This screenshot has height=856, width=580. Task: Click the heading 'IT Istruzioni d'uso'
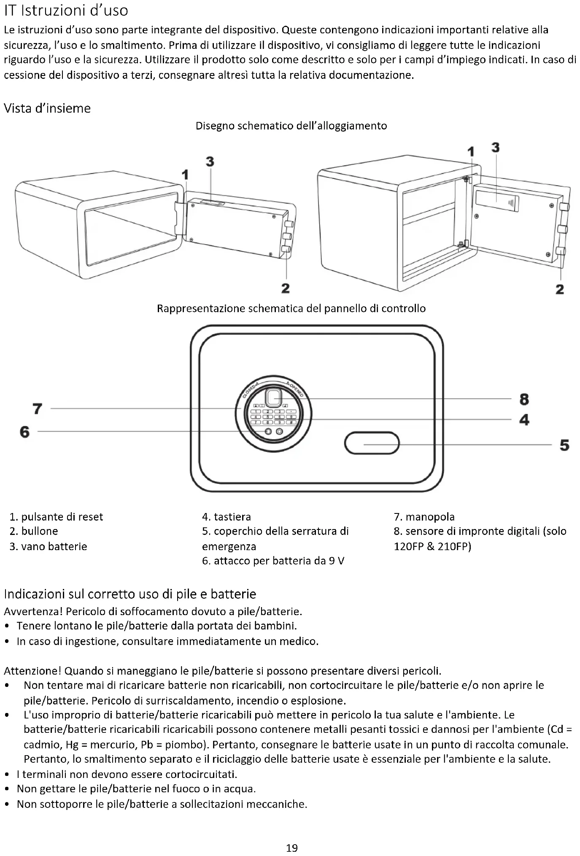pyautogui.click(x=66, y=11)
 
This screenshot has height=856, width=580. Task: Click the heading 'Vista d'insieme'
pyautogui.click(x=47, y=108)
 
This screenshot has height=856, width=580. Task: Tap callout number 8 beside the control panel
pyautogui.click(x=524, y=399)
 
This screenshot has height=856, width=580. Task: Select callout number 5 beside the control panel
pyautogui.click(x=564, y=445)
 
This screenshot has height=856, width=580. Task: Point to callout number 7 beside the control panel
pyautogui.click(x=38, y=408)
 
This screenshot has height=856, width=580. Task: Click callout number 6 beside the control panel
pyautogui.click(x=25, y=432)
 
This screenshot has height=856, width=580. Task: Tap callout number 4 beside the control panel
pyautogui.click(x=524, y=420)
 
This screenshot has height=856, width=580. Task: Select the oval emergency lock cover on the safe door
pyautogui.click(x=372, y=443)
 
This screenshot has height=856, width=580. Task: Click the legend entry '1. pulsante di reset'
pyautogui.click(x=56, y=517)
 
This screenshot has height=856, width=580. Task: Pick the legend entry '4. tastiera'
pyautogui.click(x=226, y=517)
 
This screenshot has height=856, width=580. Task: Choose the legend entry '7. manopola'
pyautogui.click(x=424, y=517)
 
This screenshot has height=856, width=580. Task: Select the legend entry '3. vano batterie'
pyautogui.click(x=48, y=546)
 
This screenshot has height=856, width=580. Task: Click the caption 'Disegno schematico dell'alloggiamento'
pyautogui.click(x=291, y=126)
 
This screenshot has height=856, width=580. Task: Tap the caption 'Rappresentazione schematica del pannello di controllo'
pyautogui.click(x=291, y=308)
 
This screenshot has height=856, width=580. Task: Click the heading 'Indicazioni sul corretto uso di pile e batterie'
pyautogui.click(x=130, y=594)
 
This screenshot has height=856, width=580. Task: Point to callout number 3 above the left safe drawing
pyautogui.click(x=210, y=162)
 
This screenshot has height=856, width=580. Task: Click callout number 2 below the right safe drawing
pyautogui.click(x=560, y=289)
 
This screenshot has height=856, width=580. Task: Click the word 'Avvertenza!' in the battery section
pyautogui.click(x=33, y=611)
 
